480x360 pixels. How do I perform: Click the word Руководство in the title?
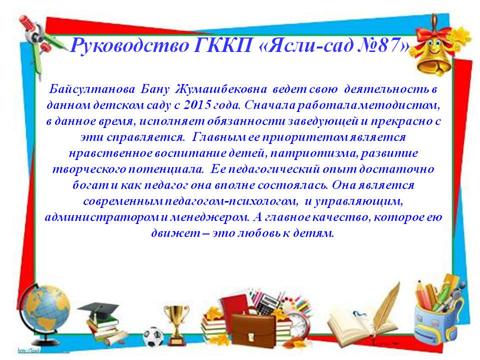(129, 46)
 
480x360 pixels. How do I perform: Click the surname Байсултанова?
(92, 89)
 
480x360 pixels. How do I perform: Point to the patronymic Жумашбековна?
(221, 89)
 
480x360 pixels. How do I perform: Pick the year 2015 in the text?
(197, 105)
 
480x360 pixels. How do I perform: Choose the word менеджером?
(209, 217)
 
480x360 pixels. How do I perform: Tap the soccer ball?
(153, 336)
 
